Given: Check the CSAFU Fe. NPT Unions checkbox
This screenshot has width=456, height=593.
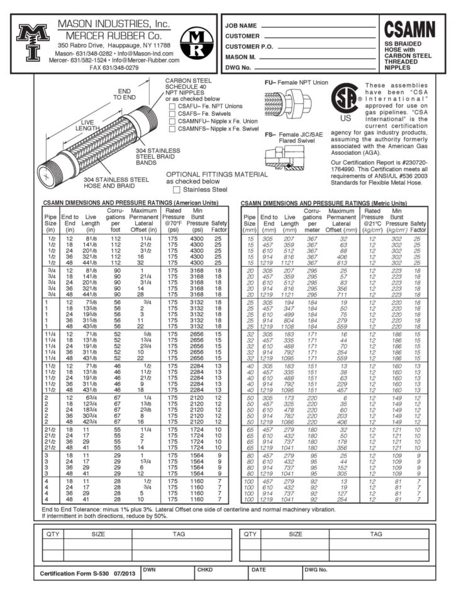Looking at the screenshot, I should tap(172, 106).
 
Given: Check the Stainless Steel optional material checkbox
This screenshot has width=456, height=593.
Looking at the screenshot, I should tap(176, 189).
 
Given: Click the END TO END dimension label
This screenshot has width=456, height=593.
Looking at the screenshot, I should tap(124, 94).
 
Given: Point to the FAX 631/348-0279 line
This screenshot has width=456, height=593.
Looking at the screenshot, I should tap(114, 67).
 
